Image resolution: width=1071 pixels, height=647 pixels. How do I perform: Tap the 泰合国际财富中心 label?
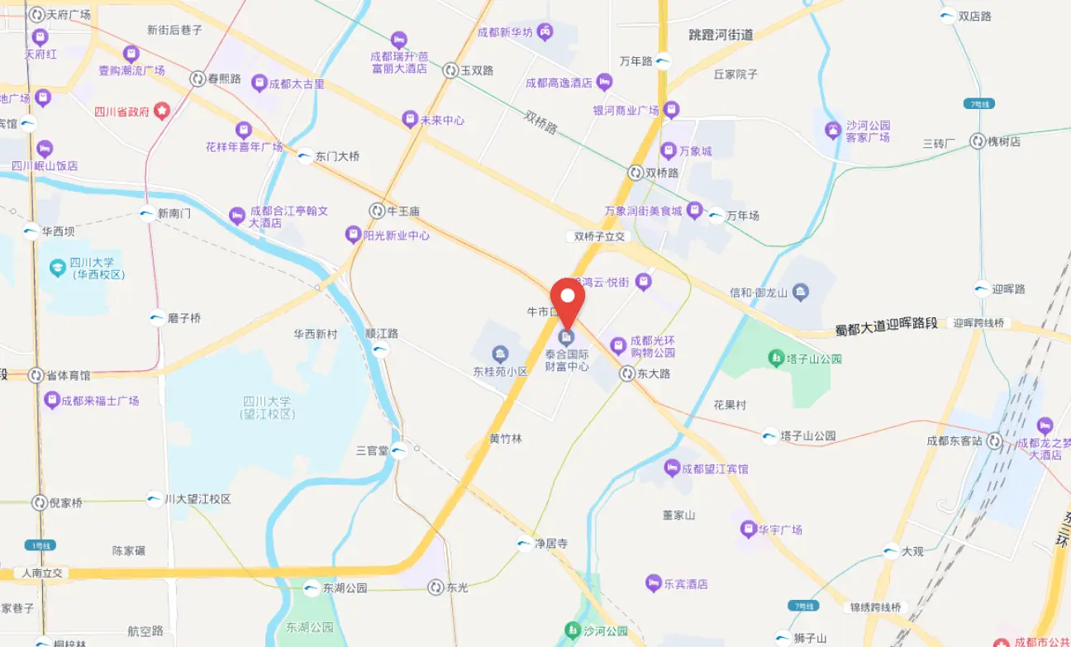click(567, 359)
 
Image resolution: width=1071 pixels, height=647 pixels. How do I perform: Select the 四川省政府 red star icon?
click(162, 109)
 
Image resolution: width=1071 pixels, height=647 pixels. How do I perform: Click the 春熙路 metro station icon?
click(198, 79)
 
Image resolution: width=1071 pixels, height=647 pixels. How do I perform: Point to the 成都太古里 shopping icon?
click(259, 83)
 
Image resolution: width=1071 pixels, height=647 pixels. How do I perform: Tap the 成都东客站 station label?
click(954, 440)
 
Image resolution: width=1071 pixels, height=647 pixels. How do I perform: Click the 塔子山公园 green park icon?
click(776, 358)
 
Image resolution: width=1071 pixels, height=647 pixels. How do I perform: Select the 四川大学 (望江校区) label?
click(268, 407)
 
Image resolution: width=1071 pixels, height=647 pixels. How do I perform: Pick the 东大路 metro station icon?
click(627, 373)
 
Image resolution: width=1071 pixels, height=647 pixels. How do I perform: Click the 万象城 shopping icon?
click(669, 150)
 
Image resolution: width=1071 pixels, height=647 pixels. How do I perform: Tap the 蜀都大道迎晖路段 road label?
click(886, 326)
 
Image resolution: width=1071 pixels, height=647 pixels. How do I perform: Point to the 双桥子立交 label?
click(601, 236)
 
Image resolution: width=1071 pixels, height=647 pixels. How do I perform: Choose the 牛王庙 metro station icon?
click(377, 211)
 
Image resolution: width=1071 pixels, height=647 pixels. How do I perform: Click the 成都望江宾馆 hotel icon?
click(672, 469)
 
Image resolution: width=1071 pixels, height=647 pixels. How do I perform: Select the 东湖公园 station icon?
click(312, 588)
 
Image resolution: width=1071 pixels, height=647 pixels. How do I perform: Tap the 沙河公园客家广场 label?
click(868, 131)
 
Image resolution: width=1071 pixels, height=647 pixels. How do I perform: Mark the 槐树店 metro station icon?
click(978, 141)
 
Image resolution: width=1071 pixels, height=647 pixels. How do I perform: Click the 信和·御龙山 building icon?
click(800, 292)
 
